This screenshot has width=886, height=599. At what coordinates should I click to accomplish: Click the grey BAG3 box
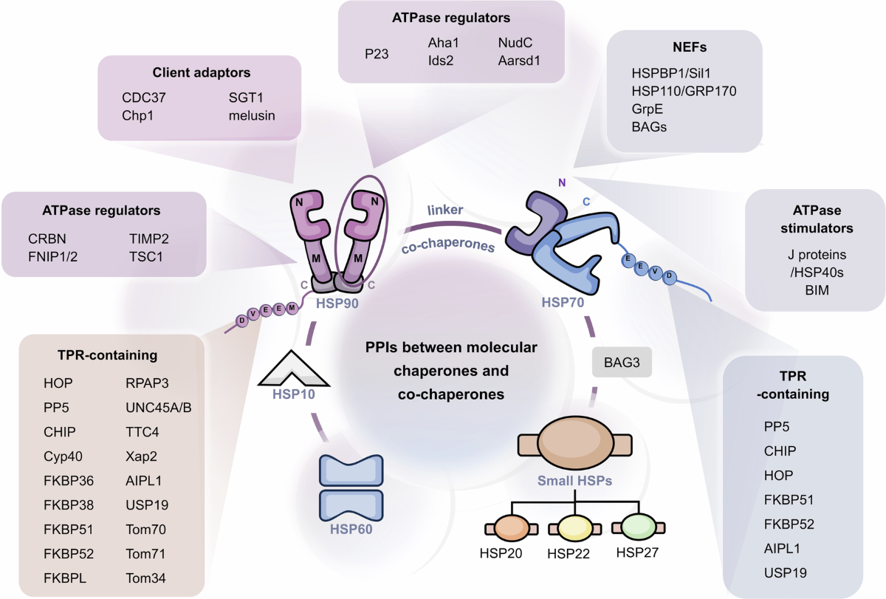click(622, 362)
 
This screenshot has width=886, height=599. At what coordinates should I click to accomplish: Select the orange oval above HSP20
click(512, 528)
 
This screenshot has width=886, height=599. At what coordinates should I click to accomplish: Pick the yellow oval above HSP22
click(575, 528)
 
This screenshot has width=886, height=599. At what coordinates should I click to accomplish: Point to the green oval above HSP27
click(639, 527)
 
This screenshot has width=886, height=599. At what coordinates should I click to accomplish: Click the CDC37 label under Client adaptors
click(143, 97)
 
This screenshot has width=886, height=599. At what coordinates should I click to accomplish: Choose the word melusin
click(252, 115)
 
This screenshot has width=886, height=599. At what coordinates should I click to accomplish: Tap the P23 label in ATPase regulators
click(377, 54)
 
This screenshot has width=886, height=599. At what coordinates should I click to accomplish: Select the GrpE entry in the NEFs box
click(647, 109)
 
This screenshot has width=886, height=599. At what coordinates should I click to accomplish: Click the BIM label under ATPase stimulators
click(817, 290)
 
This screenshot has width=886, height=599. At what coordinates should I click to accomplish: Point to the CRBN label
click(47, 239)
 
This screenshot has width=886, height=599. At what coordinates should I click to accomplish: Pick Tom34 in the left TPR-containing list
click(145, 578)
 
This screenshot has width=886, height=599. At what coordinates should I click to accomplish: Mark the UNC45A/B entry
click(159, 408)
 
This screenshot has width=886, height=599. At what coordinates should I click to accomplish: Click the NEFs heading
click(690, 47)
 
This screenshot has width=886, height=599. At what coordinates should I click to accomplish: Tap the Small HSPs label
click(574, 480)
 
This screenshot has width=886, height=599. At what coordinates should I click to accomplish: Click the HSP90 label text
click(337, 304)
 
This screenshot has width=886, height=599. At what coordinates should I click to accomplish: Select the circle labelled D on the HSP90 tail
click(242, 321)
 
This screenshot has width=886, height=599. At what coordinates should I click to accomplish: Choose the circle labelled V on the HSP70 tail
click(656, 271)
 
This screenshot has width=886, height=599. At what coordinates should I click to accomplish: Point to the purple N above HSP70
click(562, 182)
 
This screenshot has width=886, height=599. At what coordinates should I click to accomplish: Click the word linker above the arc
click(445, 210)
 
